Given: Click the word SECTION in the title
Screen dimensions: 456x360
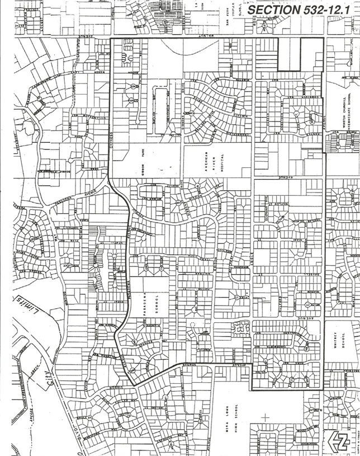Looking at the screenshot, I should [x=272, y=10].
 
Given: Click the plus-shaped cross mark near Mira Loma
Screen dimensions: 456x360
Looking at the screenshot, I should [x=266, y=417].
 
